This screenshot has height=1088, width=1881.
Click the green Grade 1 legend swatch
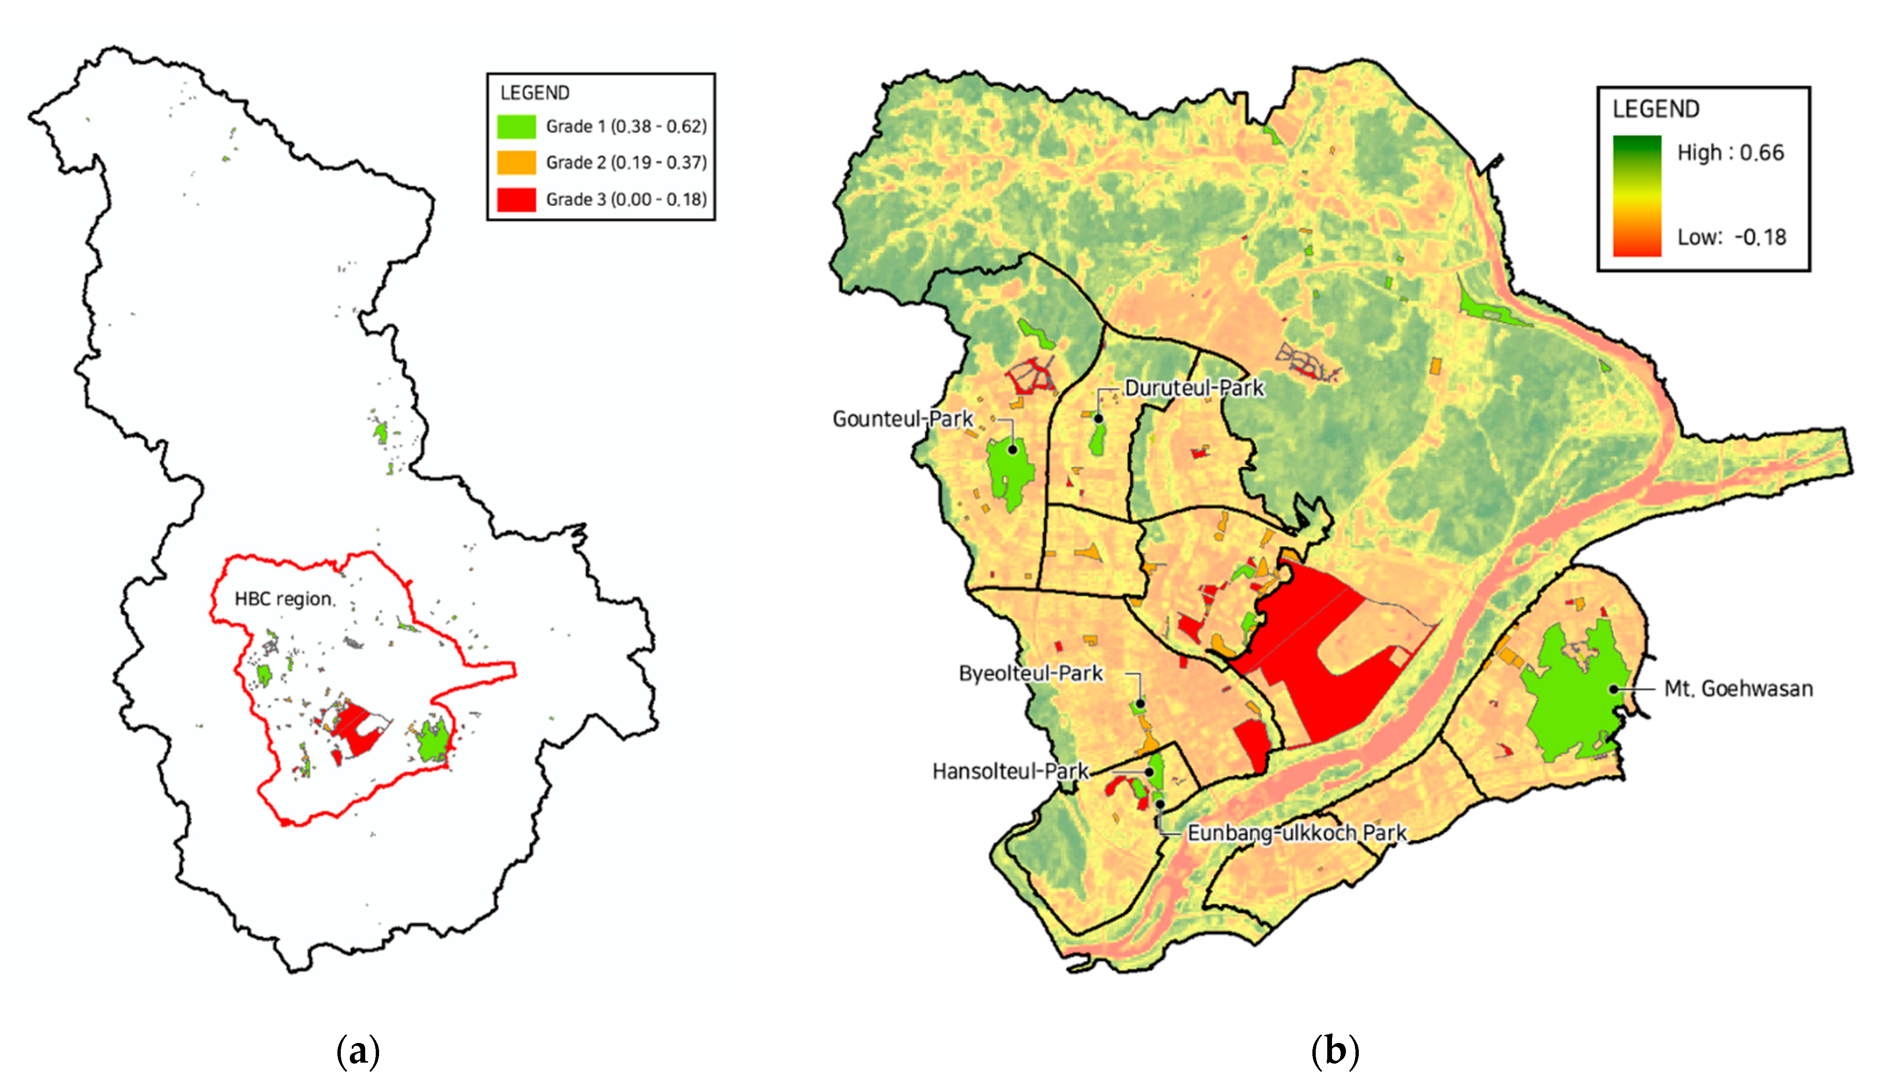(x=516, y=126)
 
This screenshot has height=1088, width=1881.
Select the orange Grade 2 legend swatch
(x=516, y=162)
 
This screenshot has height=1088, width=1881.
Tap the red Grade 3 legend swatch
(x=516, y=199)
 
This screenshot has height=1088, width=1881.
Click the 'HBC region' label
(x=283, y=599)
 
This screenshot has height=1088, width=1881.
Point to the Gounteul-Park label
(x=903, y=419)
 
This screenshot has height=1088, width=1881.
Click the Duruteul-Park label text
(x=1194, y=388)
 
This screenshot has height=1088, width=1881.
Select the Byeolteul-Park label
(x=1031, y=674)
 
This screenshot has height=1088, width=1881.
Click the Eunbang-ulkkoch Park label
(x=1297, y=833)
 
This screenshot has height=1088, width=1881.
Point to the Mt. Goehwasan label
(x=1738, y=689)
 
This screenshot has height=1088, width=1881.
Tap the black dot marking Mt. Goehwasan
(x=1614, y=689)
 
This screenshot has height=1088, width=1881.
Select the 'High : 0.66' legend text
(x=1730, y=153)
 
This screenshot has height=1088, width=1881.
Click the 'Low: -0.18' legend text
(x=1732, y=238)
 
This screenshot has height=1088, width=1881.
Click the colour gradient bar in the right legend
(x=1637, y=196)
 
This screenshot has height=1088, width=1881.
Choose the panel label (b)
(x=1334, y=1052)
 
